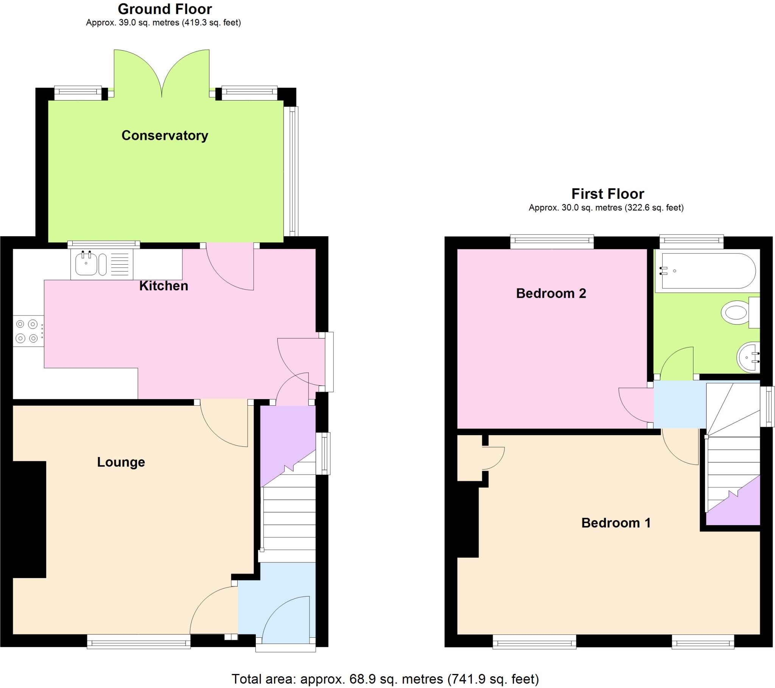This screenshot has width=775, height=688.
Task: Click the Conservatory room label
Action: pos(165,136)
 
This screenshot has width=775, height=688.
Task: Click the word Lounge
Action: pos(121,462)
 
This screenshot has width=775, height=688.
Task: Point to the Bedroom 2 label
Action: pos(551,293)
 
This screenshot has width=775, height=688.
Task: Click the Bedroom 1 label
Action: pos(616,523)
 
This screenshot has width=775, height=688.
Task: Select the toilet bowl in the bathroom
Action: pos(736,313)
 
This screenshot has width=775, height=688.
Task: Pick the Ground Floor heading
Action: pos(165,9)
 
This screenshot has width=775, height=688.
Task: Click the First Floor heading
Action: pos(607,194)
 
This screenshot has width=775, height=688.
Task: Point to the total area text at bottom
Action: pos(385,679)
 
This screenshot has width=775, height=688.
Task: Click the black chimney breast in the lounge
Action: pos(29,519)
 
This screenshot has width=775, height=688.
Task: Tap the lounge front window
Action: pos(139,643)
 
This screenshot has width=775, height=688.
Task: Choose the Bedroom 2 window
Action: pos(552,241)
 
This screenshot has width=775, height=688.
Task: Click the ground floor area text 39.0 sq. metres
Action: pos(163,23)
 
